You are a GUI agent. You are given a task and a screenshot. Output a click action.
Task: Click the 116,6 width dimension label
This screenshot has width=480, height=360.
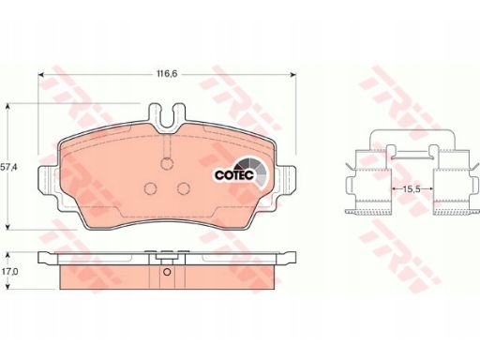[167, 74]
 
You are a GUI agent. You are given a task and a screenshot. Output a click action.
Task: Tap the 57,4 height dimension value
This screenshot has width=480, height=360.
[8, 167]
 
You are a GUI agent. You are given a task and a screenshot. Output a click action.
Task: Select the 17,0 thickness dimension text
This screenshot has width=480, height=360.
[9, 272]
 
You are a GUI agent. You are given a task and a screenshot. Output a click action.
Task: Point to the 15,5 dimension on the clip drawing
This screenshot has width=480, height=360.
[412, 189]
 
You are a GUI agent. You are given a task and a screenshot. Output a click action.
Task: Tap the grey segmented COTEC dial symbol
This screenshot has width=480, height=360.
[253, 172]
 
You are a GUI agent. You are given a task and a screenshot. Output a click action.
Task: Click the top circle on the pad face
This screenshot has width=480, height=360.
[168, 163]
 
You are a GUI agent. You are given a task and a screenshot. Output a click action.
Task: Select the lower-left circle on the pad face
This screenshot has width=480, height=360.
[151, 187]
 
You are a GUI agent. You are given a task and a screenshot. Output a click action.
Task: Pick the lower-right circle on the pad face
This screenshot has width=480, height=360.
[184, 187]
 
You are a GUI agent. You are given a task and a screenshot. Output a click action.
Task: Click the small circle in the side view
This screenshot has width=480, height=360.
[167, 272]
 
